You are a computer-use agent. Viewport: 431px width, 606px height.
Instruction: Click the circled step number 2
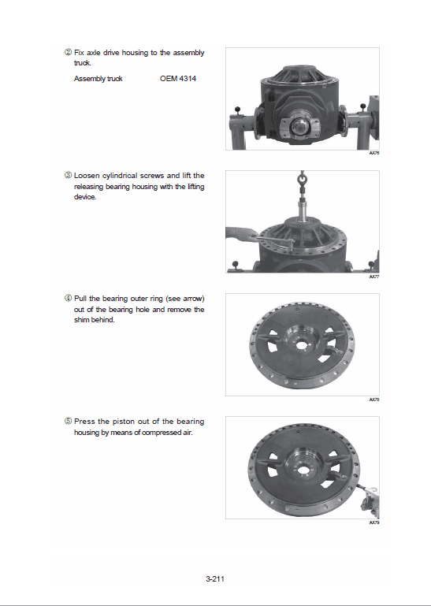[x=68, y=53]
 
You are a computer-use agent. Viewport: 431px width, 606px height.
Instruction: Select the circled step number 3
[x=68, y=175]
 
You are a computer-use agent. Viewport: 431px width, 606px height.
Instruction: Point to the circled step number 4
[x=68, y=299]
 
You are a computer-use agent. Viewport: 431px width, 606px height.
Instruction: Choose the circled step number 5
[x=68, y=422]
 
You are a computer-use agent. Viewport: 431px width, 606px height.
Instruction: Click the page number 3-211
[x=216, y=579]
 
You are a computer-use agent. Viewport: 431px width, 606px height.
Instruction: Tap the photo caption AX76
[x=373, y=154]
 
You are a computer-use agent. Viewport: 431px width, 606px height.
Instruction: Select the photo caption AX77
[x=373, y=277]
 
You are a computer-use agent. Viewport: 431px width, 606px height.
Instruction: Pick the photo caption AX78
[x=373, y=400]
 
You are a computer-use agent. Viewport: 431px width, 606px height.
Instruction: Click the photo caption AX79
[x=373, y=522]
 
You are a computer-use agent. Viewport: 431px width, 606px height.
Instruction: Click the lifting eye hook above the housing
[x=302, y=184]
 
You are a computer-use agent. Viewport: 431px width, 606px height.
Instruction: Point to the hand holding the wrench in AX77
[x=236, y=233]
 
